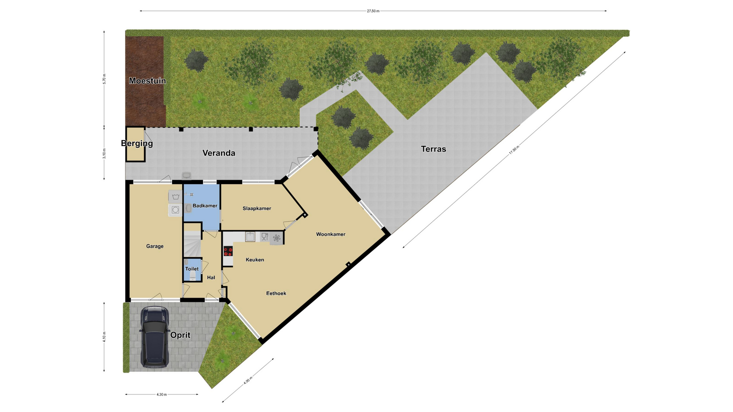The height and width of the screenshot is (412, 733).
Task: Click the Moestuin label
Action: tap(147, 81)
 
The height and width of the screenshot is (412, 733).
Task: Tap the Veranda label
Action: tap(219, 153)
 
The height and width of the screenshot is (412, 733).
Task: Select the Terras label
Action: tap(433, 149)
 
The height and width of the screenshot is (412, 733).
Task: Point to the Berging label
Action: tap(137, 143)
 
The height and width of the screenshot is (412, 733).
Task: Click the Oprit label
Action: tap(180, 335)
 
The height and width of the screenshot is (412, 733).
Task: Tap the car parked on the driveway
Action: tap(155, 337)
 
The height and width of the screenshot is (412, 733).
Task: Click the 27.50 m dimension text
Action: tap(373, 11)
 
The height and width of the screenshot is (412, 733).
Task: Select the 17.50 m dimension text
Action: tap(514, 150)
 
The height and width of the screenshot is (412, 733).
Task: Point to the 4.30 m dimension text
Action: tap(161, 394)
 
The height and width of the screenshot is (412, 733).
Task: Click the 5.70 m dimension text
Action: tap(104, 79)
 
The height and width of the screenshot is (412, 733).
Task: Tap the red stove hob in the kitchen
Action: tap(228, 251)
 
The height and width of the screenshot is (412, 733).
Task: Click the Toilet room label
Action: tap(192, 269)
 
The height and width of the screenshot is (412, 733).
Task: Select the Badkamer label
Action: tap(205, 206)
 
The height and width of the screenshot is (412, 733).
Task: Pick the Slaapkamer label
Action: tap(257, 208)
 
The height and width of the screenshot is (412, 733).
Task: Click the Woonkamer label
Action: tap(331, 234)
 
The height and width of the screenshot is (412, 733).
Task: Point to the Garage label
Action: tap(155, 246)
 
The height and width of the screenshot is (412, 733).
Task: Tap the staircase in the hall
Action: tap(192, 244)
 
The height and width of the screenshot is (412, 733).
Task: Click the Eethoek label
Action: tap(276, 293)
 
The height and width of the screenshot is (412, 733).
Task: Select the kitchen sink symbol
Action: tap(250, 237)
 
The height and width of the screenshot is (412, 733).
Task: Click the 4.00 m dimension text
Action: tap(248, 380)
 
